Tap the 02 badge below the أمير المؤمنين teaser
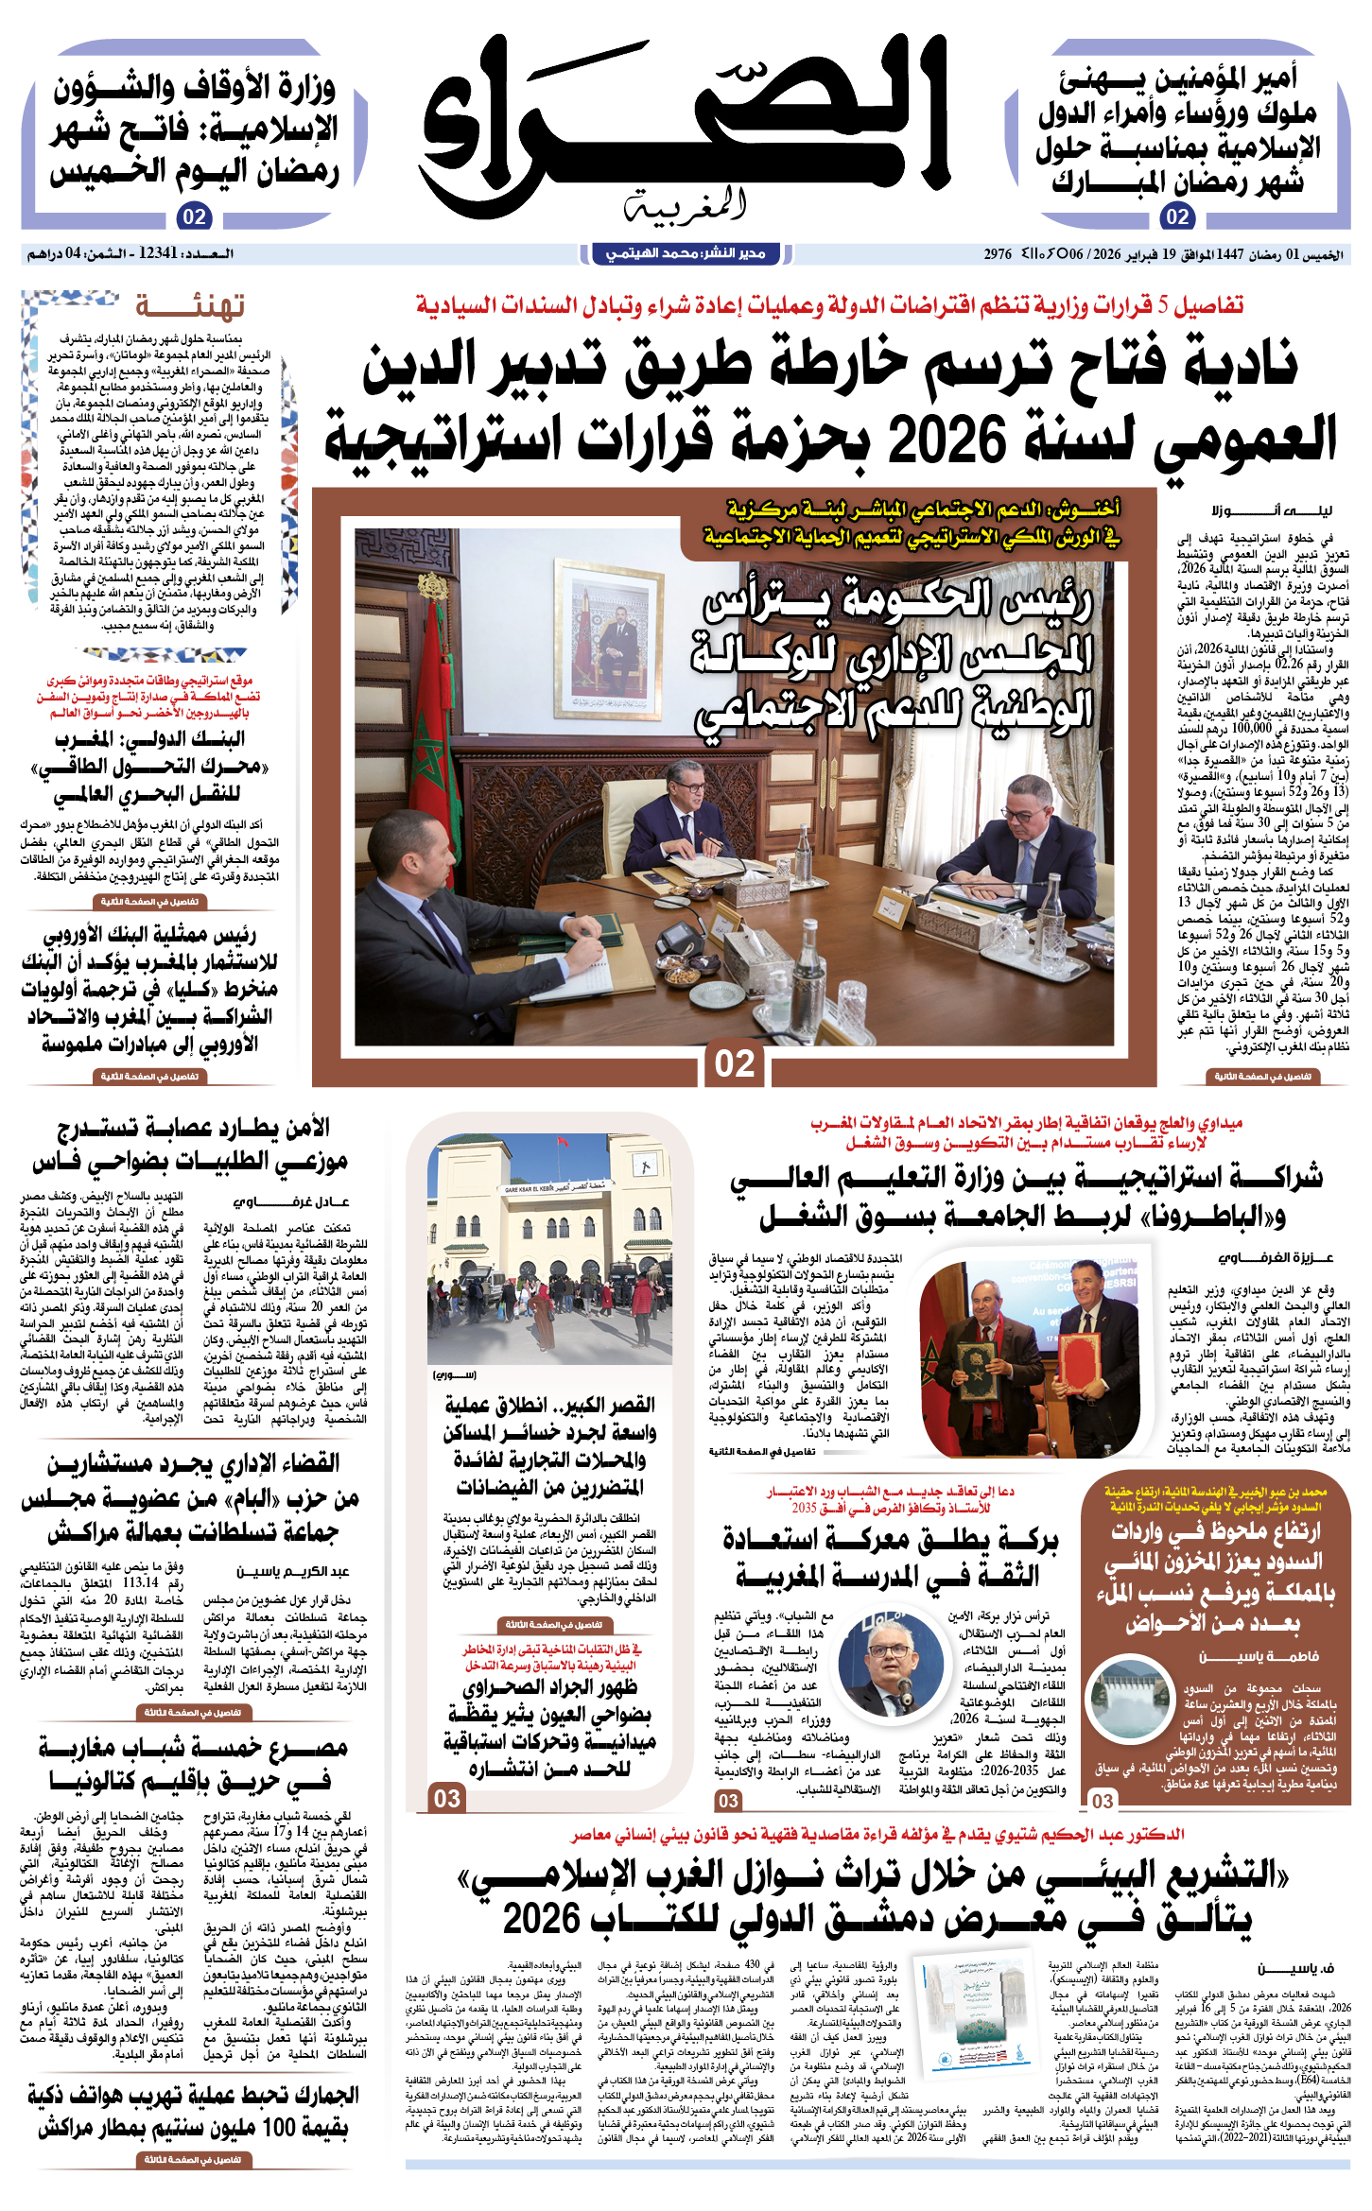click(x=1177, y=216)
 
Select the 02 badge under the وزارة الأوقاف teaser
click(x=194, y=216)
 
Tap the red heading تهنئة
click(x=190, y=306)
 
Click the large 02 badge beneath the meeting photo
click(x=734, y=1063)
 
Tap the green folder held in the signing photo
click(x=977, y=1362)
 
